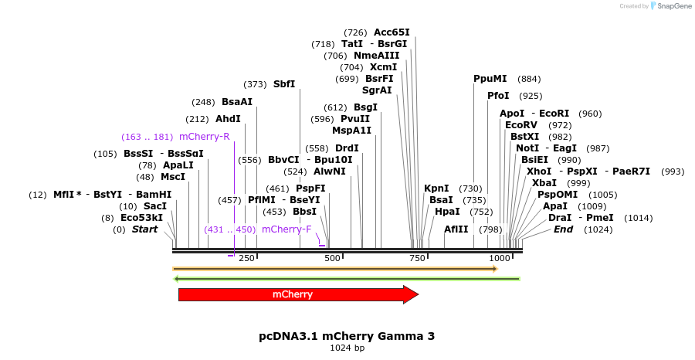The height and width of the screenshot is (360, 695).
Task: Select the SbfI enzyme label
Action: point(284,84)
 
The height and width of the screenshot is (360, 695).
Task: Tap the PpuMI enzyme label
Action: point(490,79)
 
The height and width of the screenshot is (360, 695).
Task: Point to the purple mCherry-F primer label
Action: point(286,229)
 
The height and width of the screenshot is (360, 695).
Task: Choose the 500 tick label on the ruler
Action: point(333,258)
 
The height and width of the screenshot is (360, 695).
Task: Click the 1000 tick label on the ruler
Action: point(500,258)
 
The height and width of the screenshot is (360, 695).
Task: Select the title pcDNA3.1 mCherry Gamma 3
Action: point(347,336)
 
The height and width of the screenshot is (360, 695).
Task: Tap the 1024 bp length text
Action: point(347,348)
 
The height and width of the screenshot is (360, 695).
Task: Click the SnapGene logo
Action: point(669,6)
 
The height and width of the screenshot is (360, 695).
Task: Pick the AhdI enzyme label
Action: point(228,119)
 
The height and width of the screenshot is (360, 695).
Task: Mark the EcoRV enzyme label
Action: point(520,124)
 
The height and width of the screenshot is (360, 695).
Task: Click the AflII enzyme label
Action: point(456,229)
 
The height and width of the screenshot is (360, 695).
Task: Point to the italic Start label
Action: point(144,229)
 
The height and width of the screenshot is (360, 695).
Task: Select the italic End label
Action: point(564,229)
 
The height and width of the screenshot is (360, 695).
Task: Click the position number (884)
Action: point(529,79)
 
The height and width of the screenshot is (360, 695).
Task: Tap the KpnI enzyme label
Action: point(436,188)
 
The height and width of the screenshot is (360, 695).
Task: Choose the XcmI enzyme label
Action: point(384,67)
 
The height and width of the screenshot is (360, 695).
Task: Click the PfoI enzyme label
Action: point(498,96)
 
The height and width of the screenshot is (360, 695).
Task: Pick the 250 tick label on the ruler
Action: point(247,258)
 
